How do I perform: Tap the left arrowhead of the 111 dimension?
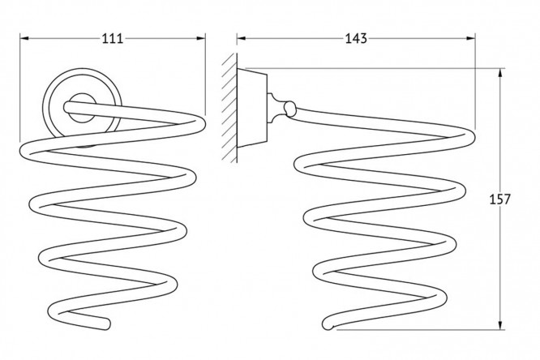[24, 38]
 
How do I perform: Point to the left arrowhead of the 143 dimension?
[241, 38]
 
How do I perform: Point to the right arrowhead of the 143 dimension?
[470, 38]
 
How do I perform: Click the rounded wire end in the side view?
[328, 326]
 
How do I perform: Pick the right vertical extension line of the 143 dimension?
[474, 81]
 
